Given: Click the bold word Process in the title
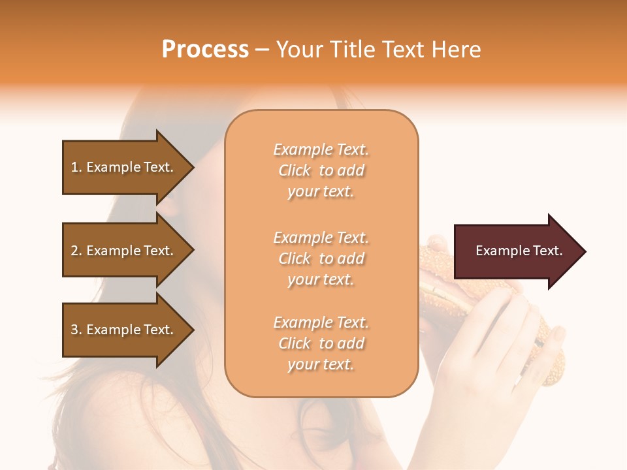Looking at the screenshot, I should (205, 50).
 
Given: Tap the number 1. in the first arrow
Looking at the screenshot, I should (76, 167).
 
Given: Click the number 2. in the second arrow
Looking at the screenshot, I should (76, 251).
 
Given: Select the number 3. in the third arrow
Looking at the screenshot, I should (76, 330).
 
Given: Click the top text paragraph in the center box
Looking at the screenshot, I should (321, 170).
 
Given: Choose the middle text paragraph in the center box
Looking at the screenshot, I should (321, 258).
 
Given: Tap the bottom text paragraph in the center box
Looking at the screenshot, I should (321, 343).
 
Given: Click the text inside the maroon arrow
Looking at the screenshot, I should (519, 251).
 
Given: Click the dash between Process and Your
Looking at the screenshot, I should (262, 50).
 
